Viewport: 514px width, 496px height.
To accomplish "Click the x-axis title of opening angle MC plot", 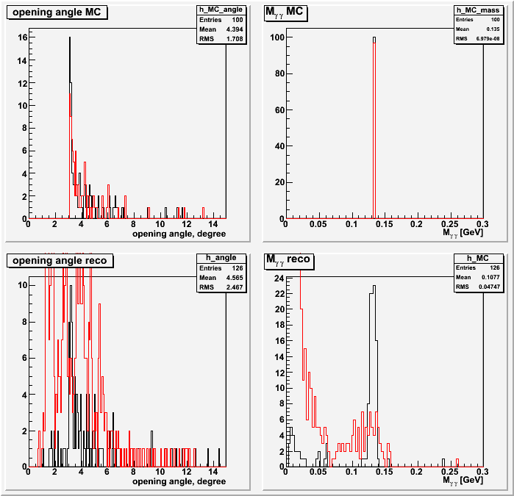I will coord(179,234).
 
